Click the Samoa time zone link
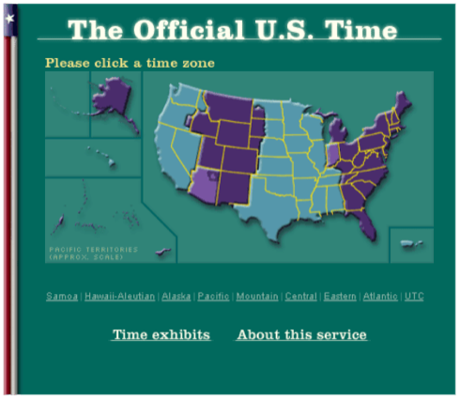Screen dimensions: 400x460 coord(61,297)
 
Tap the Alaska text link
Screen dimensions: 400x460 coord(176,297)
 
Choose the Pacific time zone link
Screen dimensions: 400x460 coord(213,297)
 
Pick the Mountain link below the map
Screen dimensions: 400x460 coord(256,297)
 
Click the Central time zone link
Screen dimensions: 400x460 coord(301,297)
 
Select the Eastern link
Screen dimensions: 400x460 coord(340,297)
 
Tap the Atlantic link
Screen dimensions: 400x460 coord(380,297)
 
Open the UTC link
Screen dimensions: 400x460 coord(414,297)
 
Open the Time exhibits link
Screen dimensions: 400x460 coord(161,335)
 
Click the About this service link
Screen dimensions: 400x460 coord(301,335)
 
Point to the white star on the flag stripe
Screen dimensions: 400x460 coord(10,17)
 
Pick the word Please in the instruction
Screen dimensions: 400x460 coord(69,64)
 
